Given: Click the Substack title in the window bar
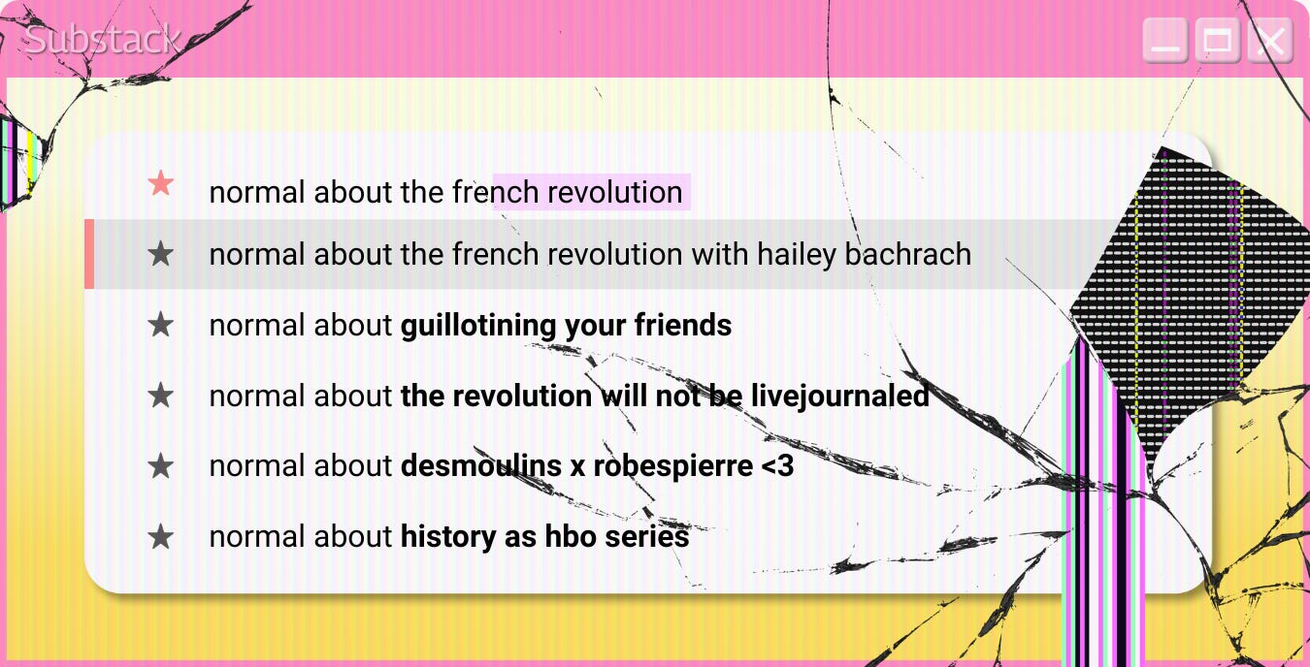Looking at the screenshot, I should (x=101, y=39).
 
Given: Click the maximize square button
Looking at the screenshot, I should (x=1217, y=41).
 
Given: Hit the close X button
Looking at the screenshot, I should (x=1269, y=41).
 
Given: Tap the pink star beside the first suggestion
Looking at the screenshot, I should (x=160, y=183).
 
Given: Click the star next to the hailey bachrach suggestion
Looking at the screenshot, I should (x=160, y=254).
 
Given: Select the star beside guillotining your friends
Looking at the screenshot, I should (x=160, y=325).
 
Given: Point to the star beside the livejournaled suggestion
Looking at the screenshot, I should (x=160, y=396).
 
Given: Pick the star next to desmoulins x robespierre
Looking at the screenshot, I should (x=160, y=466).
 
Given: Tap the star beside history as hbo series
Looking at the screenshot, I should (x=160, y=537).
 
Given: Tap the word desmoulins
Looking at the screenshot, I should (x=480, y=466).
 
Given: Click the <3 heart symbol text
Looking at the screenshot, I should (x=777, y=466).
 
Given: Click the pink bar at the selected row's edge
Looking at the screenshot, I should (x=89, y=254).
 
